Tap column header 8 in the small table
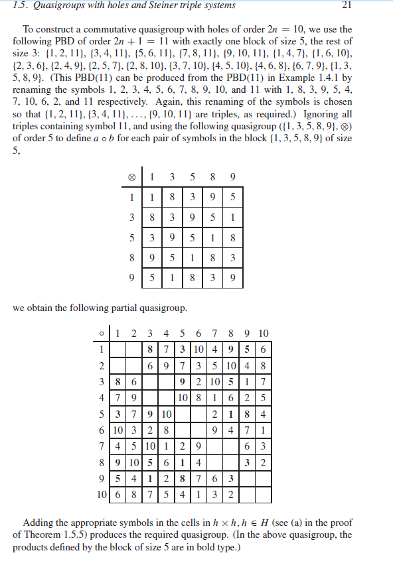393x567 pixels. (214, 177)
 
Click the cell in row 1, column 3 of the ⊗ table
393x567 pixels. (172, 197)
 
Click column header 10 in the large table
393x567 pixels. (263, 333)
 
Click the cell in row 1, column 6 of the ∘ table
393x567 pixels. (198, 349)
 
